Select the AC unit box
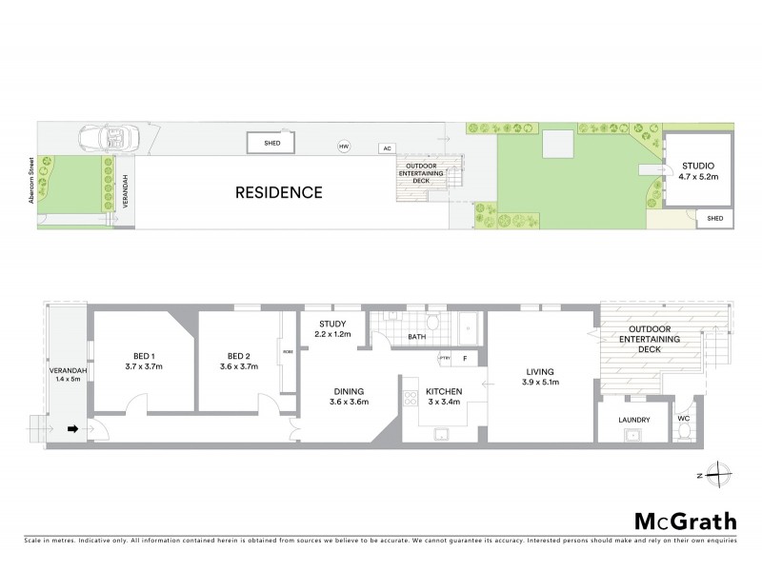pos(386,148)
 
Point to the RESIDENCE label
pos(279,192)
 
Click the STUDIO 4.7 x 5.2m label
pos(697,171)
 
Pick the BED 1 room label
pos(145,361)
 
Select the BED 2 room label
pos(239,361)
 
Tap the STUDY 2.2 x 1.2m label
pos(332,329)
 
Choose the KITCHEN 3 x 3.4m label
pos(443,396)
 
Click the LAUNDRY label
pos(633,420)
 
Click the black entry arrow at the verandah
pos(70,429)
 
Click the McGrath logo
pos(685,521)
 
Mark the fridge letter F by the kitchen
pos(466,358)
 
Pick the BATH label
pos(415,336)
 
